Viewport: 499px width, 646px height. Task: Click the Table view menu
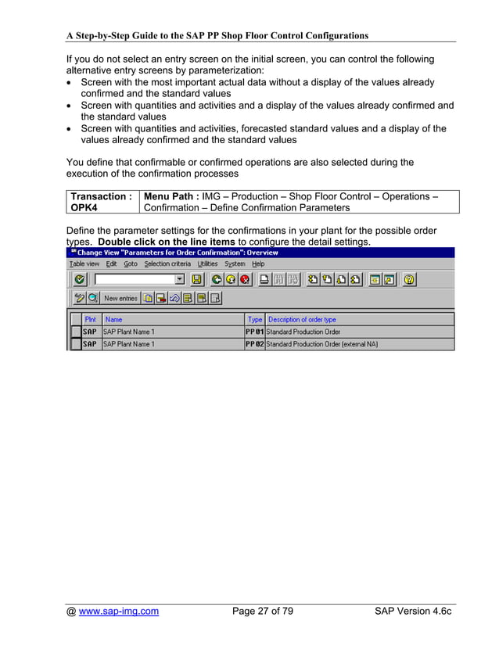click(x=84, y=264)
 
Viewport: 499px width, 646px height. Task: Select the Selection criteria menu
click(x=168, y=264)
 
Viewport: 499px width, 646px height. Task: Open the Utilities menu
click(x=207, y=264)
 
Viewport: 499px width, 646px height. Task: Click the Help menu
click(x=258, y=264)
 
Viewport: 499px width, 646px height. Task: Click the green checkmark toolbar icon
click(x=79, y=279)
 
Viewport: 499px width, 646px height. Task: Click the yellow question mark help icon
click(x=409, y=279)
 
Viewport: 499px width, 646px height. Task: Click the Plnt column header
click(x=92, y=320)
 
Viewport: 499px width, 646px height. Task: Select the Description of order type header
click(x=302, y=320)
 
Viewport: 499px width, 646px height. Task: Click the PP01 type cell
click(x=255, y=332)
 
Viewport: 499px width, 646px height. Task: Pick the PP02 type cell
click(x=255, y=344)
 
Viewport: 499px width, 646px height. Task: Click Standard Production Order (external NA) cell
click(x=323, y=344)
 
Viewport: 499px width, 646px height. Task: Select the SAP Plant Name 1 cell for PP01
click(x=130, y=332)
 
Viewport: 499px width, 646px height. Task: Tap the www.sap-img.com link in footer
click(x=117, y=612)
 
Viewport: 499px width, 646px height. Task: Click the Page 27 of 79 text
click(x=263, y=612)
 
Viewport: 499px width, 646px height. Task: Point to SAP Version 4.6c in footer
click(x=408, y=612)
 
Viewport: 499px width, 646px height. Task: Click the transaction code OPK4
click(x=84, y=208)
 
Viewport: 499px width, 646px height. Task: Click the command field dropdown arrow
click(x=180, y=279)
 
